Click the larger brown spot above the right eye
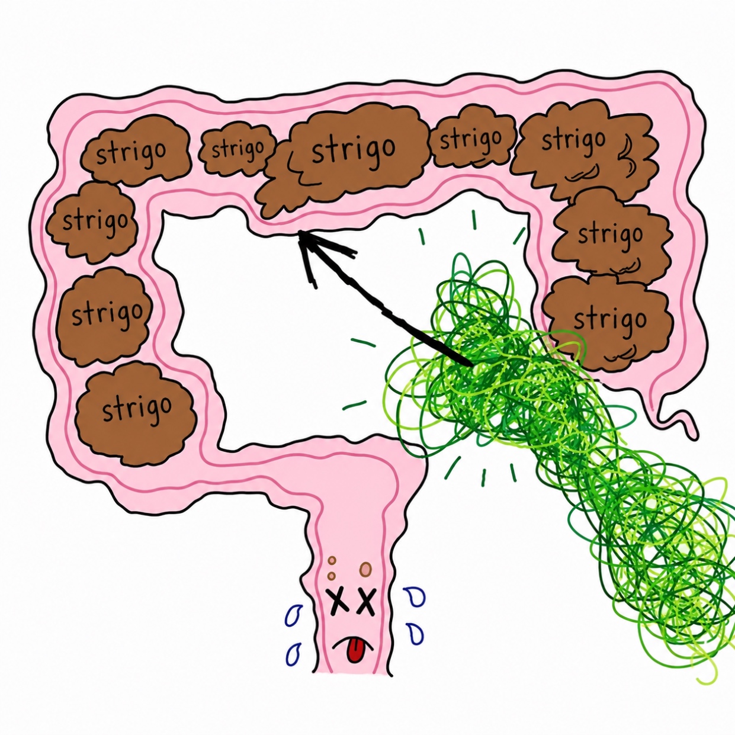365,570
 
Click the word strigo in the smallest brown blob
237,149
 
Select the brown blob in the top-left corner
136,149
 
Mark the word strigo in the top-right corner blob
573,140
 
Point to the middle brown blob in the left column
105,317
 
